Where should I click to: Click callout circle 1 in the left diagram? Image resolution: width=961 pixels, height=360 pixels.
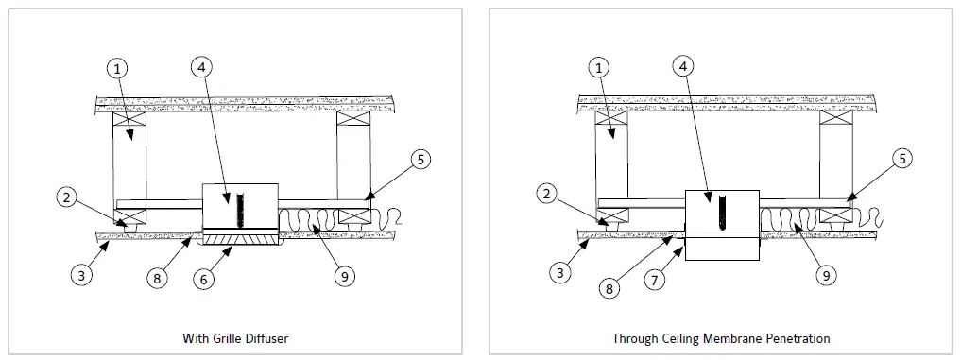[x=116, y=68]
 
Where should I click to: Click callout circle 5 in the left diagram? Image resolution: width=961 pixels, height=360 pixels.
[x=422, y=160]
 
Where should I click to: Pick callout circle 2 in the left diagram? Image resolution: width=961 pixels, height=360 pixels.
[x=65, y=197]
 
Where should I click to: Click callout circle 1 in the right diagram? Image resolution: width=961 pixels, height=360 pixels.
[x=599, y=68]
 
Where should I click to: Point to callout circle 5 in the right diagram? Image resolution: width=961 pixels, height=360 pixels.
[x=903, y=160]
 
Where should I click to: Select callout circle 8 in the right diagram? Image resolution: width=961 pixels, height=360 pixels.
[x=611, y=289]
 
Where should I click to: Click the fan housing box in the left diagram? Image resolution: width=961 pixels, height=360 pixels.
[x=240, y=206]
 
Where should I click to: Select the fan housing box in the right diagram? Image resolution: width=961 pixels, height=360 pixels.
[x=722, y=223]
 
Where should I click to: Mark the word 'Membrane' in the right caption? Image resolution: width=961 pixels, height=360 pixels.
[x=723, y=337]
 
